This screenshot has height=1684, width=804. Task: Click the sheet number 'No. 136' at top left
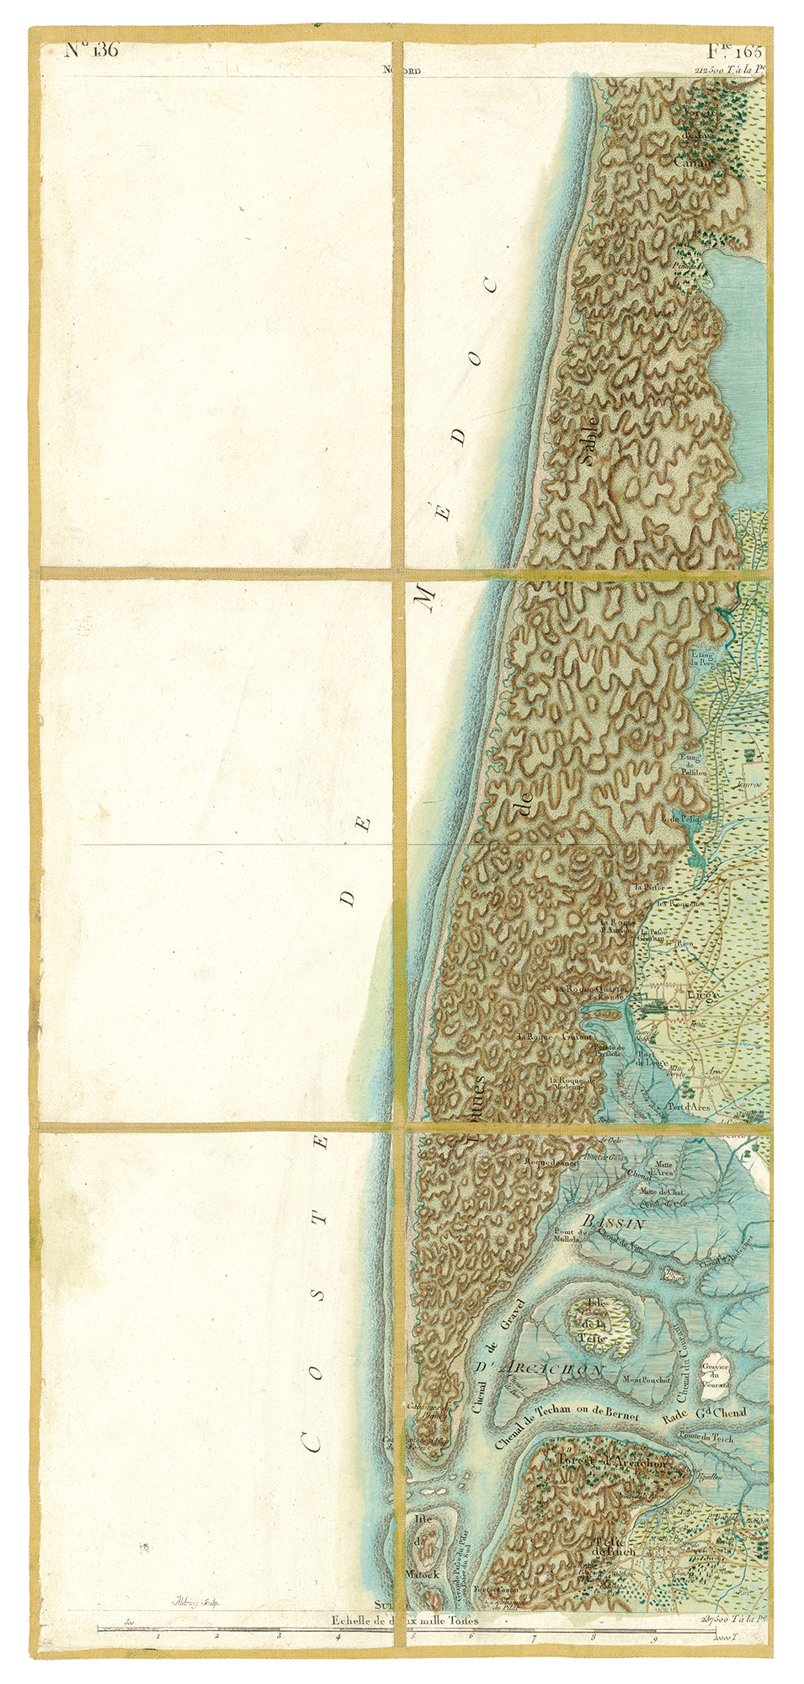point(92,50)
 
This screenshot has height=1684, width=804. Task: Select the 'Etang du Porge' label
point(702,658)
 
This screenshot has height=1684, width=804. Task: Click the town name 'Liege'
point(702,994)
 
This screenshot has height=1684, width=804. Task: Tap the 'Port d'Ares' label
point(688,1106)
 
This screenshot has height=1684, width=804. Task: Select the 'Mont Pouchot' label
point(647,1380)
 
